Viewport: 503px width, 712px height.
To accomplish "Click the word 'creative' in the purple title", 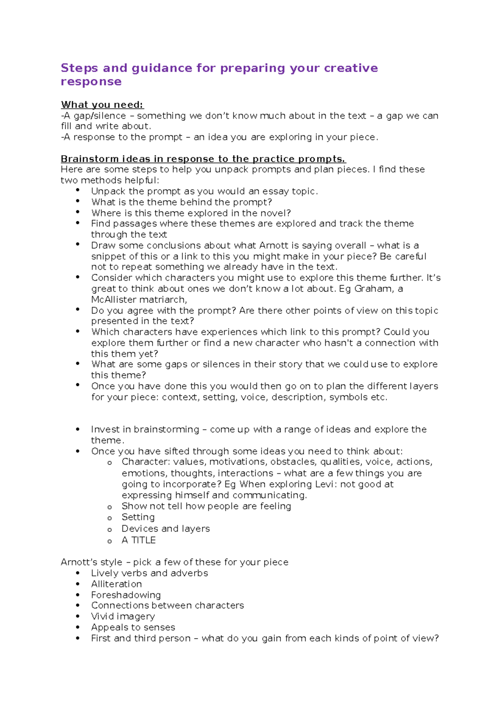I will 351,68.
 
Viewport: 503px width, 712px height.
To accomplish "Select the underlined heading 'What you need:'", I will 102,105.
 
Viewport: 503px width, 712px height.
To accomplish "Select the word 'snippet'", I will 108,256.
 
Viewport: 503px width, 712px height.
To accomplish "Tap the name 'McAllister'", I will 114,299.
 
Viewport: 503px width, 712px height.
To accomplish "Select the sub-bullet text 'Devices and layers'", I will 166,529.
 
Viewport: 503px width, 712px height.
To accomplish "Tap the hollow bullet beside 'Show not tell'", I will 110,507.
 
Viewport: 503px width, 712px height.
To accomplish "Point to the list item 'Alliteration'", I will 117,584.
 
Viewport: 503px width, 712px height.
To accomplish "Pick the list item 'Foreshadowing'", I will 126,595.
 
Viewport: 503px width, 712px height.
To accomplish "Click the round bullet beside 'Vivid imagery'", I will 78,616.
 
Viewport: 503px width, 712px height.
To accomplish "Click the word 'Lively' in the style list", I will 105,573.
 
